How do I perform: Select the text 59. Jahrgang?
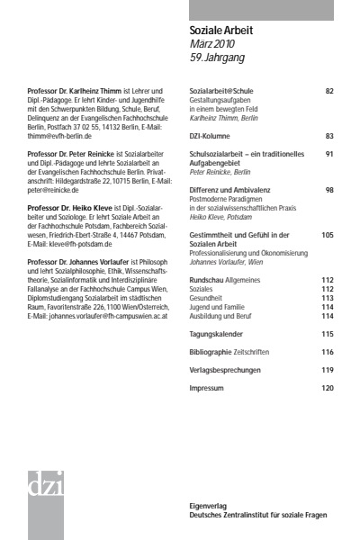(x=218, y=58)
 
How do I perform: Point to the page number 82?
(x=329, y=92)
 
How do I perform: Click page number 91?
(x=329, y=155)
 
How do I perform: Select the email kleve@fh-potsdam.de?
(x=93, y=243)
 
